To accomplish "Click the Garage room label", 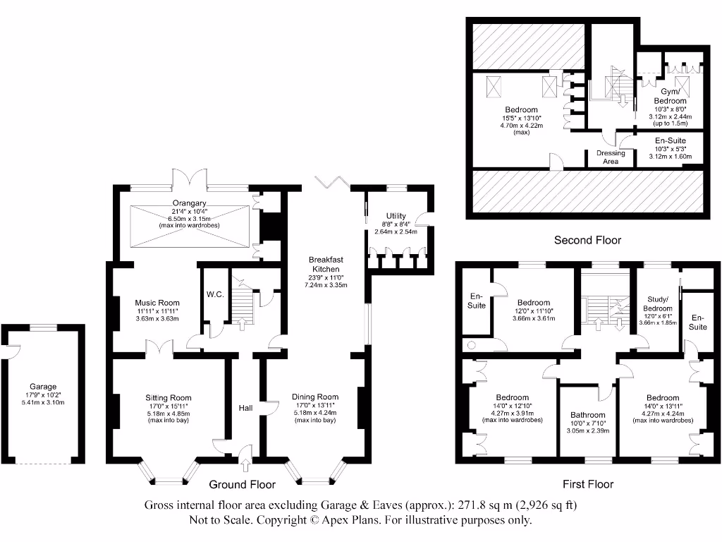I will [x=43, y=386].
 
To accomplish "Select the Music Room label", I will [x=157, y=303].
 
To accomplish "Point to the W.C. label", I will [x=215, y=294].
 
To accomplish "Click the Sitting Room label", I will [x=169, y=398].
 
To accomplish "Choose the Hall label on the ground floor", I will [x=245, y=408].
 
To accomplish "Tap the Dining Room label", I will [x=315, y=397].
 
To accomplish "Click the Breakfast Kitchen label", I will [x=325, y=264].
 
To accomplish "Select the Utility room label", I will [x=396, y=216].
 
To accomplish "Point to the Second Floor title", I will [x=587, y=240].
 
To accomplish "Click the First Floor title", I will [x=587, y=484].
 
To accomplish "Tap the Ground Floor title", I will [x=242, y=484].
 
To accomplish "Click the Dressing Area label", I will [x=611, y=157].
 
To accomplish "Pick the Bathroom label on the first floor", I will [x=587, y=415].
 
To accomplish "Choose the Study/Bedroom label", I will [x=660, y=304].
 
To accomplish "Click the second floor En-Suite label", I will [x=670, y=141].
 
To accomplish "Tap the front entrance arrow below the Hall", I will [x=245, y=464].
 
